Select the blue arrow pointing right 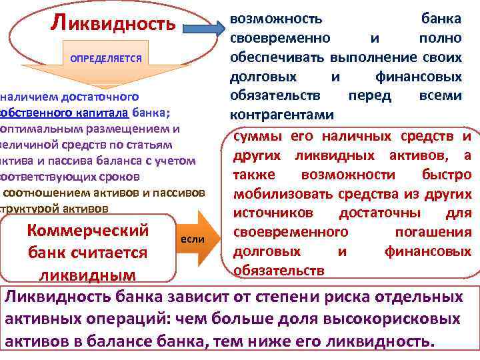click(202, 30)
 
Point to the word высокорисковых click(403, 319)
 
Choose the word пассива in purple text click(83, 160)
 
